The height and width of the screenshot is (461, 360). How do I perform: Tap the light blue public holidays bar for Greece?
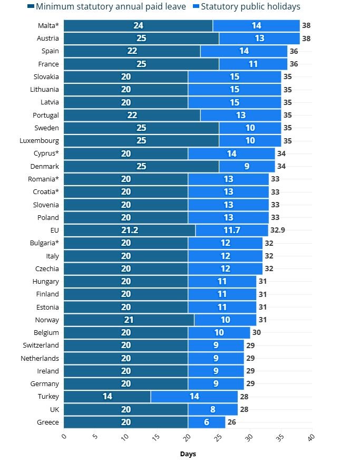pos(207,422)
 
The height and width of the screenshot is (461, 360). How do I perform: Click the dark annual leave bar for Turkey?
pos(108,397)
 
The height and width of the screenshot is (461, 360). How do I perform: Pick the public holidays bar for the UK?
pos(213,409)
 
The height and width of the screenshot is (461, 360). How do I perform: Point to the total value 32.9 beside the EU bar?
pos(278,230)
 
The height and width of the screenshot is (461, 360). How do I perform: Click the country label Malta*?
pos(48,26)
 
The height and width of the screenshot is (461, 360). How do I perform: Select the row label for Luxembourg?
pos(41,141)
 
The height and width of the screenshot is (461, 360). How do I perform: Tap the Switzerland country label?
pos(41,345)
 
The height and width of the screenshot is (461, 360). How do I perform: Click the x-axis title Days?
pos(188,454)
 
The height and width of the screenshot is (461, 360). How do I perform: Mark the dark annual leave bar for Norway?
pos(129,320)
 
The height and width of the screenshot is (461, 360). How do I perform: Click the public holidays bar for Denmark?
pos(247,167)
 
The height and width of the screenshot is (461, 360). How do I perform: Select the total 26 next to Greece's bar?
pos(232,422)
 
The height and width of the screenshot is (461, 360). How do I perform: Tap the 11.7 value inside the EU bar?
pos(231,230)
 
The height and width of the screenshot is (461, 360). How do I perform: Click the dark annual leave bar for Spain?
pos(132,51)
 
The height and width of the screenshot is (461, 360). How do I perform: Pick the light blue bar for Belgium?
pos(219,333)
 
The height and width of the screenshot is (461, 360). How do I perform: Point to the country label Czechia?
pos(47,269)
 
